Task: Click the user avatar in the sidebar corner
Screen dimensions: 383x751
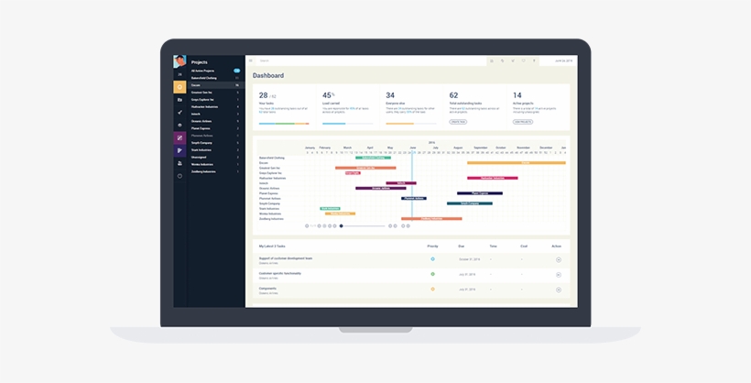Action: point(180,62)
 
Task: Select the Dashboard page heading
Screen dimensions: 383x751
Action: point(268,75)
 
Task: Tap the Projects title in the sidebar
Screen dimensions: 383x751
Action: point(200,62)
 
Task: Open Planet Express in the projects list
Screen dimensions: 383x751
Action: point(201,128)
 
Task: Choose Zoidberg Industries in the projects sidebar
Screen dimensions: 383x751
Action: point(203,171)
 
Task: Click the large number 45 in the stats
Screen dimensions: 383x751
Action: point(326,95)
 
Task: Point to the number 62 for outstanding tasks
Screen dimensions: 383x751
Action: point(453,95)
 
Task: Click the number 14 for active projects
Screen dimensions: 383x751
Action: point(517,95)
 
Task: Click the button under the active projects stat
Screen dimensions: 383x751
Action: point(522,121)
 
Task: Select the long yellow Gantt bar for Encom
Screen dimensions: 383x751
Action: point(524,162)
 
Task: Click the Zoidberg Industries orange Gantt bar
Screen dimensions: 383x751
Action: point(431,219)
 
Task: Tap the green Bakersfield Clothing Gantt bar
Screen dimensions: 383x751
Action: point(373,158)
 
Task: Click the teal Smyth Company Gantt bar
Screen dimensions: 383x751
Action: point(469,203)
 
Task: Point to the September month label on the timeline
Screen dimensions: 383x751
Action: point(481,148)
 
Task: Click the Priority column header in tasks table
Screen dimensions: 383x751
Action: point(432,246)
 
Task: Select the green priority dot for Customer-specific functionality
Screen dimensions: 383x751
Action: point(433,274)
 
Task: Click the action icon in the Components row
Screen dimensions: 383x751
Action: point(558,290)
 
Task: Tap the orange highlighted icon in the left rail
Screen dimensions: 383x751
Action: point(180,87)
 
